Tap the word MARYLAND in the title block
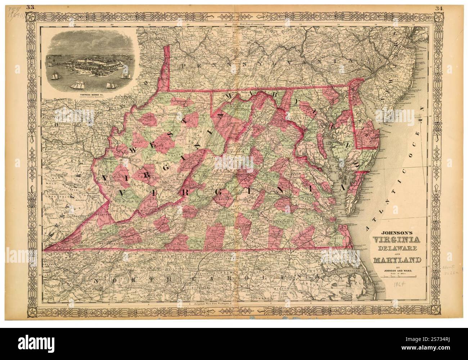393,259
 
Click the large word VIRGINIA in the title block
393,240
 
